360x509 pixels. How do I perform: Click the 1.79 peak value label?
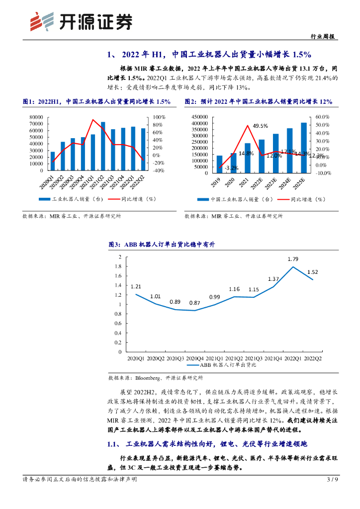tap(293, 259)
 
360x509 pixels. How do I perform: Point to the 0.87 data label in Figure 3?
tap(195, 303)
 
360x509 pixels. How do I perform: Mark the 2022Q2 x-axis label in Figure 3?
tap(313, 358)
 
